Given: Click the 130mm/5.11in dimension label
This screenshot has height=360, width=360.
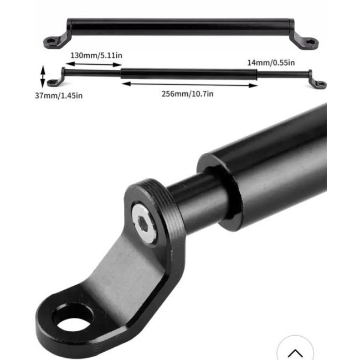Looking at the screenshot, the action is [96, 55].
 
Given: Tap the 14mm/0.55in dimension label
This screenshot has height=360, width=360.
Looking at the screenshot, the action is [271, 63].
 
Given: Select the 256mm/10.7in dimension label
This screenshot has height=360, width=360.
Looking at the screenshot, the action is [187, 94].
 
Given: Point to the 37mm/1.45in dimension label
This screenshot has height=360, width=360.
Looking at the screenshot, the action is [59, 95].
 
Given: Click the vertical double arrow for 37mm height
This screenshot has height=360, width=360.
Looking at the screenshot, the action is [43, 76].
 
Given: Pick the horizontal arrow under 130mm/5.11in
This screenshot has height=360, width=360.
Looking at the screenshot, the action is [94, 64].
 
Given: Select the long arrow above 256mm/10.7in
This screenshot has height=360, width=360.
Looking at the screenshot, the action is [189, 85].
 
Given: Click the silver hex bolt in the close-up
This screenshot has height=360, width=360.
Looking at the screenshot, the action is [144, 223].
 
